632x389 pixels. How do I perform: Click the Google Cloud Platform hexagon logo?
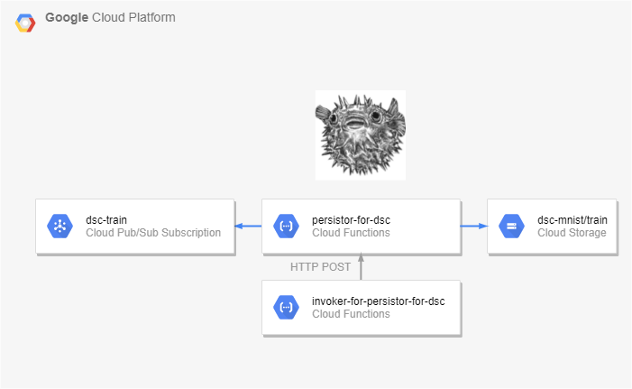[25, 23]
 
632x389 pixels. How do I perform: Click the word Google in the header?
[67, 18]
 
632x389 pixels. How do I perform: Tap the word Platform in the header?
[152, 17]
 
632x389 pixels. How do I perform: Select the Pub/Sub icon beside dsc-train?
[60, 226]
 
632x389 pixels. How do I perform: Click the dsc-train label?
[106, 220]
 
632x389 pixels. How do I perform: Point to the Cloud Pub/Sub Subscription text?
[153, 233]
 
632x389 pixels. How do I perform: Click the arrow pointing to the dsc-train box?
[248, 226]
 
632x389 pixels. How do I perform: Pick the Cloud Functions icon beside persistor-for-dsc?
[286, 226]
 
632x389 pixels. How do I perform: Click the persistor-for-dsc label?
[351, 220]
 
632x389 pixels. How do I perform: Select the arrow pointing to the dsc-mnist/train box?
[474, 226]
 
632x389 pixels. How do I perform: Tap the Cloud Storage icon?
[511, 226]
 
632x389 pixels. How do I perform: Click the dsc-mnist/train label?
[572, 220]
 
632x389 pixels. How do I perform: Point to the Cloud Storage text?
[572, 233]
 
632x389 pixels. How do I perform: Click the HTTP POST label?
[320, 267]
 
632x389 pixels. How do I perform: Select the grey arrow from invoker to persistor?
[361, 266]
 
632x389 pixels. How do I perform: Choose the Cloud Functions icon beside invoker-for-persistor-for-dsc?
[286, 308]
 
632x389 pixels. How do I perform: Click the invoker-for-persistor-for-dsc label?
[379, 301]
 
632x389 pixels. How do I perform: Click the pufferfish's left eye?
[333, 118]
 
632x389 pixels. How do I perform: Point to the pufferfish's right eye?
[376, 116]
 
